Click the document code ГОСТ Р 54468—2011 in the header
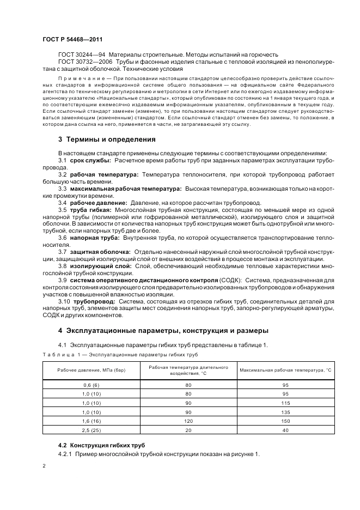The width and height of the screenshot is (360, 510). [72, 39]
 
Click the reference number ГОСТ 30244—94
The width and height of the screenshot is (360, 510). [82, 55]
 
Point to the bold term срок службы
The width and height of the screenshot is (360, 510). [91, 160]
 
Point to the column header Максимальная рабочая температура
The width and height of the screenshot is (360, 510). [285, 371]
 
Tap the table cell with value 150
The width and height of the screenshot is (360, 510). [285, 421]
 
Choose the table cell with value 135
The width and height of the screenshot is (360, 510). [285, 412]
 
